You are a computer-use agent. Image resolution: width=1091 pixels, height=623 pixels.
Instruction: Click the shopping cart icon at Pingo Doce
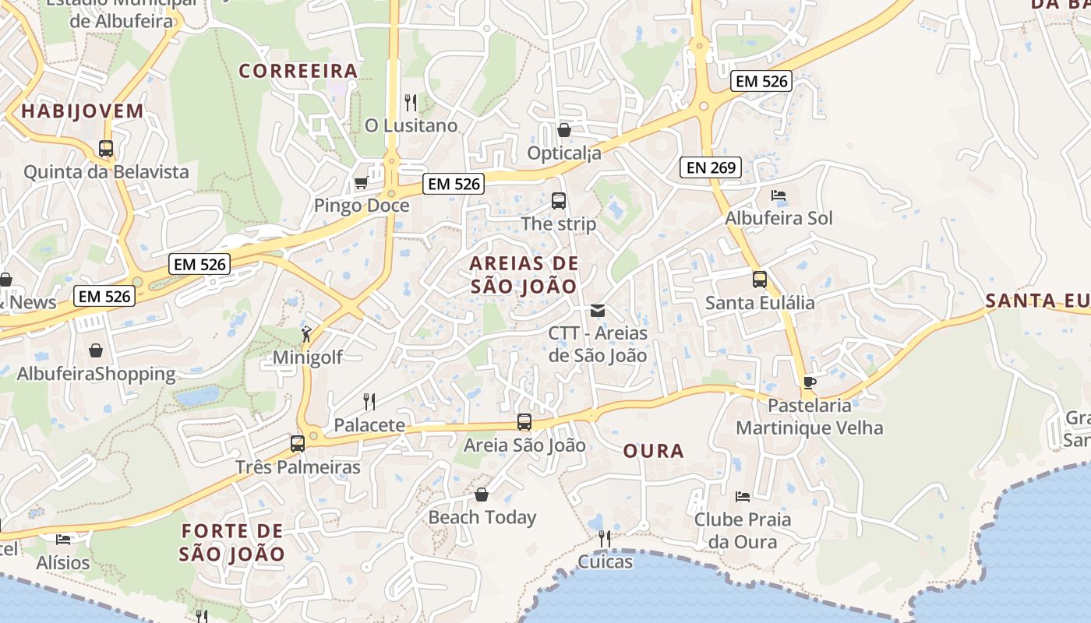[361, 183]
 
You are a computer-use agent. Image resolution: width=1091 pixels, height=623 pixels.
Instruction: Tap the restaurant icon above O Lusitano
[411, 102]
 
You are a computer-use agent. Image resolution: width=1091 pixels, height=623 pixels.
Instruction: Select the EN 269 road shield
[710, 167]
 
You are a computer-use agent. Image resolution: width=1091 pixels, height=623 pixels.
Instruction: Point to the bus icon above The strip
[559, 200]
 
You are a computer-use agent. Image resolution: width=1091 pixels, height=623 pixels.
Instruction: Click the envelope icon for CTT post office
[598, 311]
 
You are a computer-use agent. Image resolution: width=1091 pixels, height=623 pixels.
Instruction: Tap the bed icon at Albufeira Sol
[779, 195]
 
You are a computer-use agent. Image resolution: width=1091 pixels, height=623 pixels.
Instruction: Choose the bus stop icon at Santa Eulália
[760, 280]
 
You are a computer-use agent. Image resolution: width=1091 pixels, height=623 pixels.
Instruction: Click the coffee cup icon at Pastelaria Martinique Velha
[810, 382]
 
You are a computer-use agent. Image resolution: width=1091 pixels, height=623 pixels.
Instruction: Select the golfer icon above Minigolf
[307, 334]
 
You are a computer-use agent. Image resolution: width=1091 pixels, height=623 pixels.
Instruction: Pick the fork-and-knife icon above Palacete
[369, 402]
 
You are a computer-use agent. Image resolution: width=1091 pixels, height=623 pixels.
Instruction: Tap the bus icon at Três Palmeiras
[298, 444]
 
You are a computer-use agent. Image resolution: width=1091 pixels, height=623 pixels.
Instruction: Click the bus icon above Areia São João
[524, 422]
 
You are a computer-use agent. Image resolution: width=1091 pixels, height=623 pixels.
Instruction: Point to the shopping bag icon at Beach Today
[482, 495]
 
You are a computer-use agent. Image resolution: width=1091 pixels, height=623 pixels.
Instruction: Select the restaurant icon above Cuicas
[604, 538]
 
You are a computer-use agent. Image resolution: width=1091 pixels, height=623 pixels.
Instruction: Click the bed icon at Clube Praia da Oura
[743, 496]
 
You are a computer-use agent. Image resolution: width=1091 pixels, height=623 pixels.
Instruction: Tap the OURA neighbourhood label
[654, 451]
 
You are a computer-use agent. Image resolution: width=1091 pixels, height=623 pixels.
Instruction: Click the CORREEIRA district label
[298, 71]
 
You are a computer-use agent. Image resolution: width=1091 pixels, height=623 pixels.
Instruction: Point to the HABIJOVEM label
[83, 111]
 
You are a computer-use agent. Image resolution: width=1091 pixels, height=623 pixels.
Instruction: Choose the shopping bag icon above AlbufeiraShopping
[96, 350]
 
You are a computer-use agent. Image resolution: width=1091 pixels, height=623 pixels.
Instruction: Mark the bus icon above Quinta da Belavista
[106, 148]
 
